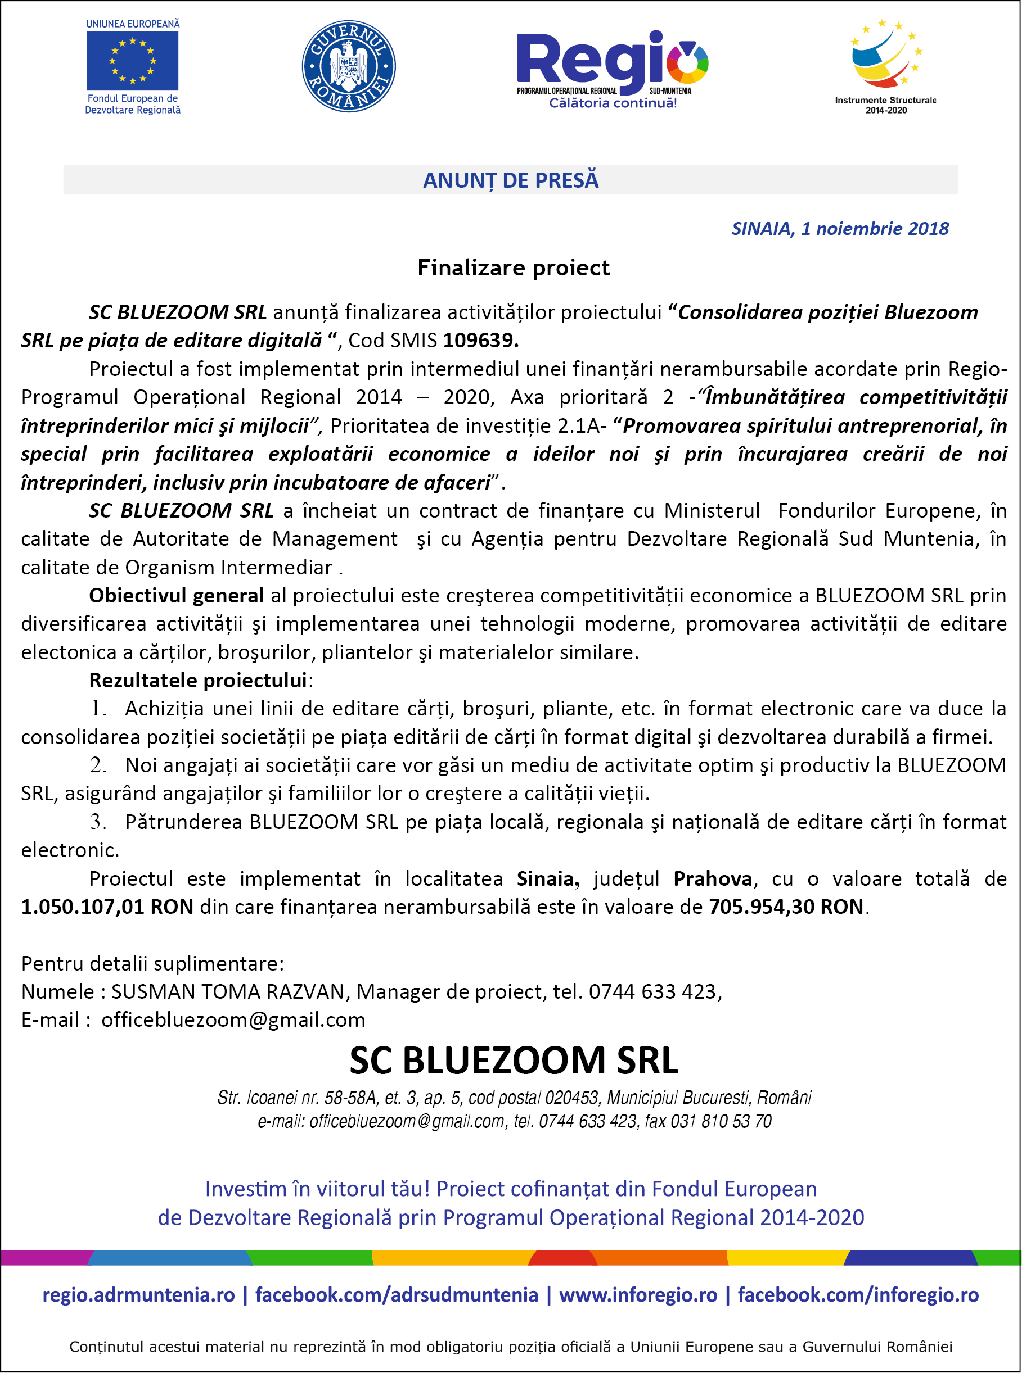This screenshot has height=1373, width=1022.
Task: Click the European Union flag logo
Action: [132, 61]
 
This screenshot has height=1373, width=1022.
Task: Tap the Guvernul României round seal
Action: [348, 66]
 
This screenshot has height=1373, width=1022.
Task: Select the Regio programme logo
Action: [612, 69]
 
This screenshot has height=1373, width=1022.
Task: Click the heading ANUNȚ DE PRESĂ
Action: [510, 180]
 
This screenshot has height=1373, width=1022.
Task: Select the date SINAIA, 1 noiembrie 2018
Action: [840, 229]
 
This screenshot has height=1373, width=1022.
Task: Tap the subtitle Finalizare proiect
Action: [513, 268]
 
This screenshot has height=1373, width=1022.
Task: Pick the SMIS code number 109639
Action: [480, 340]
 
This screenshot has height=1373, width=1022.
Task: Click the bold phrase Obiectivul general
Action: [176, 595]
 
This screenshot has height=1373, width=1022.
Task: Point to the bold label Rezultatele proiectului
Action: [198, 680]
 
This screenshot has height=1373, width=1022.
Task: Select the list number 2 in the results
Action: [98, 765]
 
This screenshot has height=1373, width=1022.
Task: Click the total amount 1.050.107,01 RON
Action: [107, 907]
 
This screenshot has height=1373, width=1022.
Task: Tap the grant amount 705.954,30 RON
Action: [786, 907]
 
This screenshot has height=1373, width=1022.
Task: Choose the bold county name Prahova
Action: [712, 878]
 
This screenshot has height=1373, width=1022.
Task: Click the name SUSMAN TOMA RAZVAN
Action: [227, 991]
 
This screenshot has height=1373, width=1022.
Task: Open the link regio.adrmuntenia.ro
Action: [138, 1294]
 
